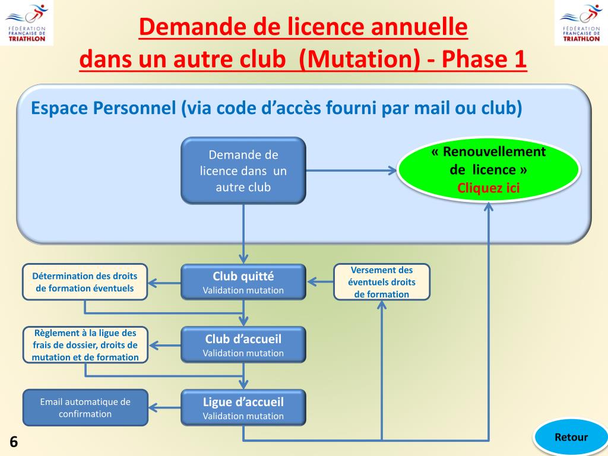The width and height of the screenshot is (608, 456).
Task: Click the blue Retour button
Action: (x=571, y=438)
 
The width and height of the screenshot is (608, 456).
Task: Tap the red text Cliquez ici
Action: (x=488, y=188)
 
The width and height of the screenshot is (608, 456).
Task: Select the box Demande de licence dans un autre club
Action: (x=243, y=171)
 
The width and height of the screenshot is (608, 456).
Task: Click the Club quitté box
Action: (x=243, y=282)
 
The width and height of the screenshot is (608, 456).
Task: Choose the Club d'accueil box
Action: (x=243, y=345)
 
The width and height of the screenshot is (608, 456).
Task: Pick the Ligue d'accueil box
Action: (x=243, y=408)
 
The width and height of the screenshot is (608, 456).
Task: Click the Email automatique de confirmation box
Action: (x=85, y=408)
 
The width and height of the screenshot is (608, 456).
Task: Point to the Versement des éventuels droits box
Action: (x=382, y=282)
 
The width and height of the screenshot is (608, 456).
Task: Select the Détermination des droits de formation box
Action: (x=85, y=282)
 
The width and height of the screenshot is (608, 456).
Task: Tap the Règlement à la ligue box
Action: (x=85, y=345)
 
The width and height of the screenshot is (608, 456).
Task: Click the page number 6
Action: (x=13, y=442)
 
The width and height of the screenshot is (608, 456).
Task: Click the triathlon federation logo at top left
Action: (x=27, y=23)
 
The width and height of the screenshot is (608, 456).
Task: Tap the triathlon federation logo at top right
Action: (x=581, y=23)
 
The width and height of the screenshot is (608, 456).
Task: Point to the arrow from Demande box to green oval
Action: (x=350, y=171)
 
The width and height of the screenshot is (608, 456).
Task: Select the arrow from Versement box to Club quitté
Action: (x=321, y=282)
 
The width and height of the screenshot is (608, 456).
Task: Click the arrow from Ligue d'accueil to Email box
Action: (x=164, y=408)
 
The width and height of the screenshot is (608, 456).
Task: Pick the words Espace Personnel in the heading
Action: (x=103, y=109)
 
